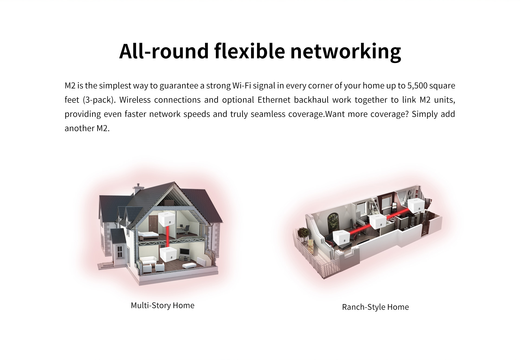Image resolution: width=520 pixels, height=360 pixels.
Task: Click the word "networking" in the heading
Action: [346, 52]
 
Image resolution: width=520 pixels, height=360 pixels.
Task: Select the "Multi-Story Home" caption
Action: [162, 305]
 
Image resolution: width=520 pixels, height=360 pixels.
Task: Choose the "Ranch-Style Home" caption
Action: [375, 307]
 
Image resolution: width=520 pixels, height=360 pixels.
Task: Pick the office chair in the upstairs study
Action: [186, 230]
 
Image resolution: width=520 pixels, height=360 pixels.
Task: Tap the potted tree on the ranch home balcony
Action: [303, 233]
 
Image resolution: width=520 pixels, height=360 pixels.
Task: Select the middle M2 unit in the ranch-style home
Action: [378, 221]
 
